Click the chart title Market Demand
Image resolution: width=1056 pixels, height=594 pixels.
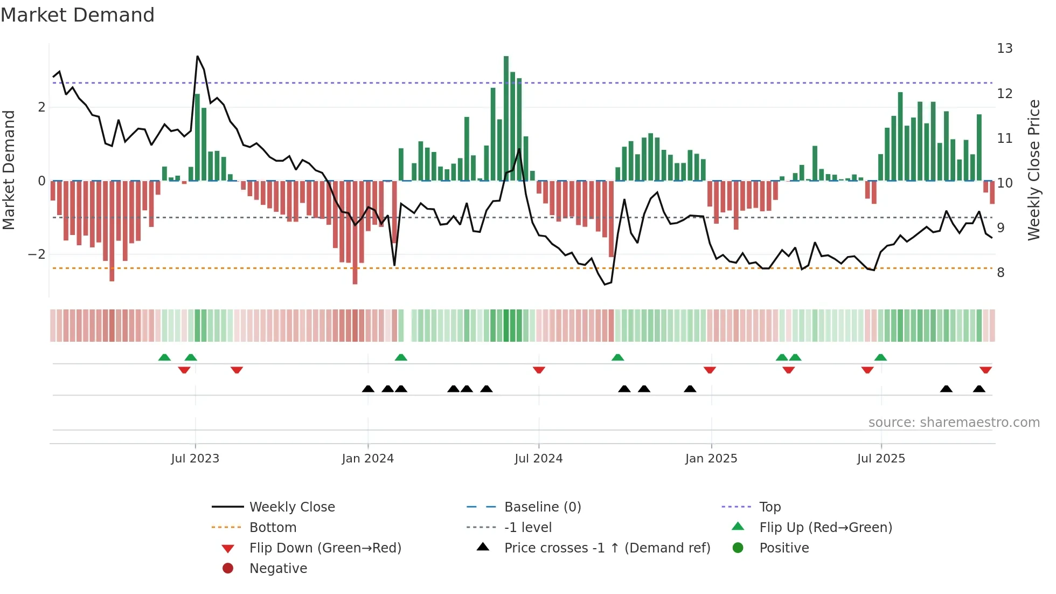[x=78, y=15]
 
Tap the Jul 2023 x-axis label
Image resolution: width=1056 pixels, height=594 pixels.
[x=195, y=459]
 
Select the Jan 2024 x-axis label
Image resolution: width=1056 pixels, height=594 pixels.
[x=368, y=459]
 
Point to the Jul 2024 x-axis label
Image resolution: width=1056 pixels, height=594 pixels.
[x=538, y=459]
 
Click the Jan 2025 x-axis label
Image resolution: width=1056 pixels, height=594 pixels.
[x=711, y=459]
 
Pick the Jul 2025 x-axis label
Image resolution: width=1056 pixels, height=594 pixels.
[x=881, y=459]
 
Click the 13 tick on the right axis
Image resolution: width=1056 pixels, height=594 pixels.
[x=1004, y=49]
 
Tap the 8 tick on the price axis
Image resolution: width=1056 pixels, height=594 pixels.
[x=1001, y=273]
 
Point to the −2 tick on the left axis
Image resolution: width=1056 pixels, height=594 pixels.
[x=37, y=254]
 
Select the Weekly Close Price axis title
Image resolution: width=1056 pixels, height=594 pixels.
[x=1033, y=170]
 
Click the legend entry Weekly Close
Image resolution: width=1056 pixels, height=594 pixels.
[x=291, y=507]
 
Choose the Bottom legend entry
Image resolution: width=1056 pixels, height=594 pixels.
[x=273, y=528]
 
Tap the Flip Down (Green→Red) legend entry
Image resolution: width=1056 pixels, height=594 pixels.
[x=325, y=548]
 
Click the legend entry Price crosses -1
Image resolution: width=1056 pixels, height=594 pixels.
[x=607, y=548]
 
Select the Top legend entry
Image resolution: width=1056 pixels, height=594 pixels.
[x=770, y=507]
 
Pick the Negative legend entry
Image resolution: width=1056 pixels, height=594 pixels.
[x=278, y=569]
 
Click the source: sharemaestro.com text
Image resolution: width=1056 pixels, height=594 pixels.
[x=954, y=423]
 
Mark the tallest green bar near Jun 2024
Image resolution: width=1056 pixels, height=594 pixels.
[x=506, y=119]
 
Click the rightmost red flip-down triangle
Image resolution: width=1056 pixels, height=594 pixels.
[x=985, y=370]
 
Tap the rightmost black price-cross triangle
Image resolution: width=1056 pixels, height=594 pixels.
[x=979, y=389]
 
